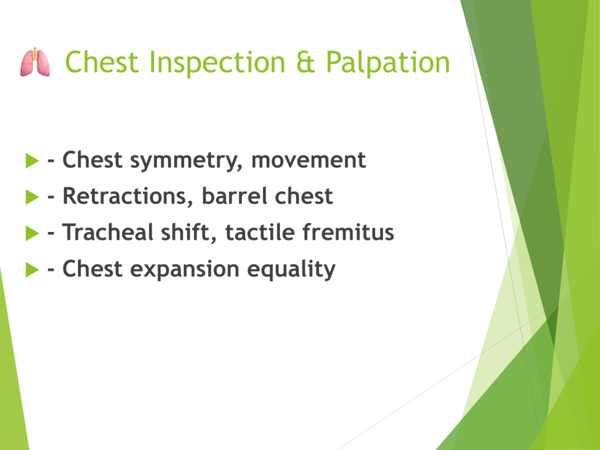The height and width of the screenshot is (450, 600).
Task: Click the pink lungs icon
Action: point(35,62)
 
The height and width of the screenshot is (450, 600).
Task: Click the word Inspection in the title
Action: point(217,62)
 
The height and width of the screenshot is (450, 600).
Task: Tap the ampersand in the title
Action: point(305,62)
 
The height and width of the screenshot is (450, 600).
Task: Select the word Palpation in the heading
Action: point(388,62)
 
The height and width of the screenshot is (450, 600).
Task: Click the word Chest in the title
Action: point(101,62)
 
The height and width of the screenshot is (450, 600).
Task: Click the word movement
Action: point(308,160)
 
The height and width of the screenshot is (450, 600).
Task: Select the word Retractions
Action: point(127,196)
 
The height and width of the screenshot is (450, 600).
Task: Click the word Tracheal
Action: point(108,232)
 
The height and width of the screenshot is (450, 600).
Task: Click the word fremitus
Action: point(348,232)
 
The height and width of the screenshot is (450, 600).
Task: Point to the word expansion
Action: point(185,270)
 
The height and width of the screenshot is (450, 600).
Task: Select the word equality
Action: point(291,270)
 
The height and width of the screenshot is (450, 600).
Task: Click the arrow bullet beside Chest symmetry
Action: point(32,161)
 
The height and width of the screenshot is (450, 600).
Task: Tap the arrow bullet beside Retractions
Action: point(32,197)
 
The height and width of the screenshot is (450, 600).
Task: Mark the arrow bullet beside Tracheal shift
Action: point(32,233)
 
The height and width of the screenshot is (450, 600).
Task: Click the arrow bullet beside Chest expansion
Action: point(32,270)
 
